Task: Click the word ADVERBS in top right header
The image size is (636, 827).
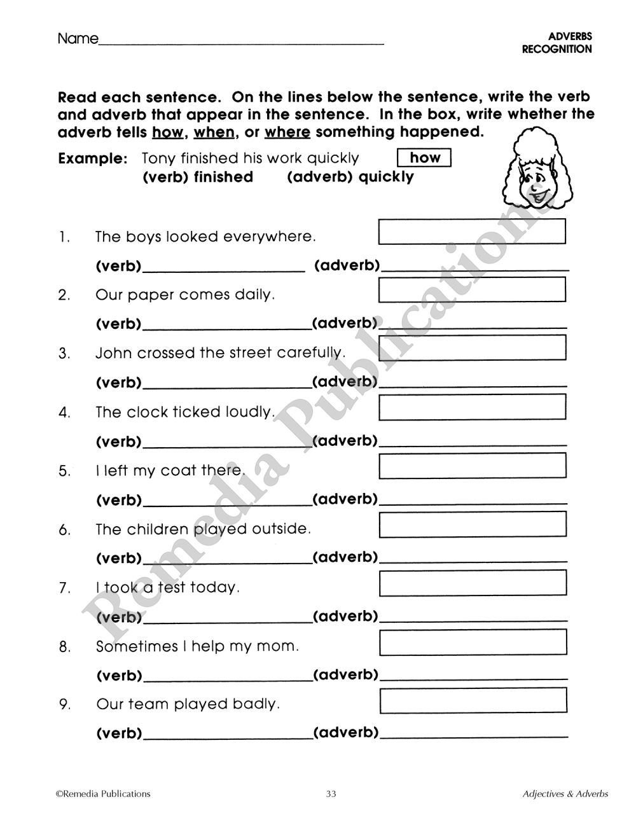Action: click(569, 37)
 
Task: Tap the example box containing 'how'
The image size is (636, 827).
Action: click(424, 158)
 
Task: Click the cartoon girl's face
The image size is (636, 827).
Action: click(534, 184)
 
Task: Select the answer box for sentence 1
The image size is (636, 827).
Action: click(472, 232)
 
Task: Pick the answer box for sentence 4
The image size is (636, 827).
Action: click(472, 407)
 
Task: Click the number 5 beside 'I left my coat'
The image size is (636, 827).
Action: click(64, 471)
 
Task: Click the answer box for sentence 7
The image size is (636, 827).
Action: click(473, 583)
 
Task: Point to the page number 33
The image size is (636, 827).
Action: click(331, 794)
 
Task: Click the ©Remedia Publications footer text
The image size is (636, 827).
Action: click(103, 794)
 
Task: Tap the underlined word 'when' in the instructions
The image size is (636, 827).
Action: click(214, 132)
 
